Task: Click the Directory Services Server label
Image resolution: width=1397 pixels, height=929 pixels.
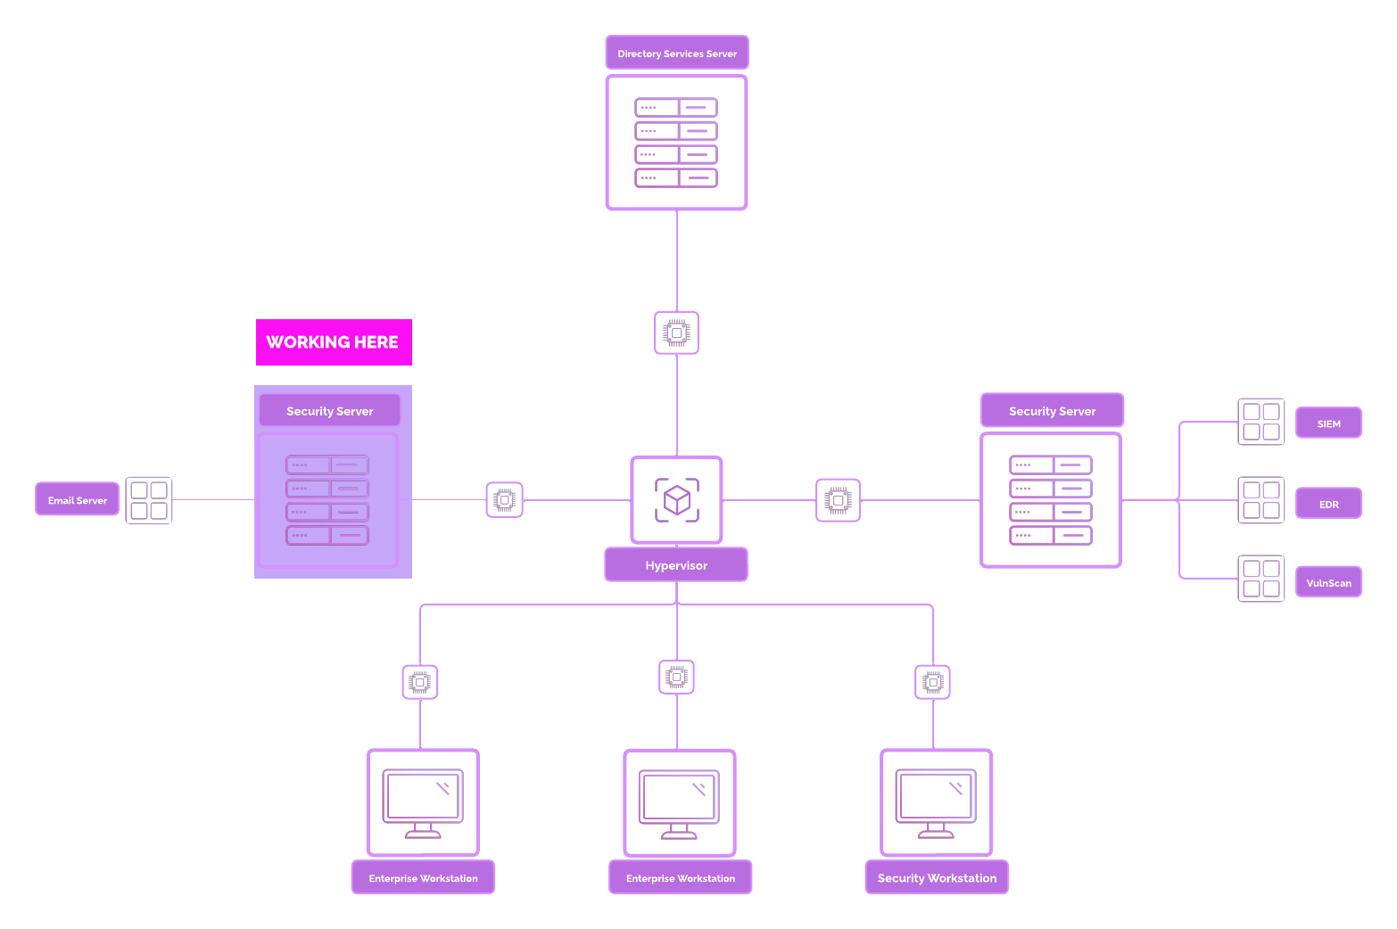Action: point(677,53)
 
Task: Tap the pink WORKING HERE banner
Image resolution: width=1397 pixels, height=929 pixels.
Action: point(334,342)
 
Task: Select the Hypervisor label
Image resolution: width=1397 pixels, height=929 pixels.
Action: point(676,565)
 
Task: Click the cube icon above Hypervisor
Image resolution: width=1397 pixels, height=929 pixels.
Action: point(677,499)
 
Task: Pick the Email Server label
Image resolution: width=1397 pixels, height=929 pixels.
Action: point(78,500)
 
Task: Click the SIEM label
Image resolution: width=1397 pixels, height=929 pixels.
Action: point(1328,423)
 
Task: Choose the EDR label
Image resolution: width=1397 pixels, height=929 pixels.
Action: point(1328,504)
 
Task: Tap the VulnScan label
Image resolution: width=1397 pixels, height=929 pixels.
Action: point(1328,583)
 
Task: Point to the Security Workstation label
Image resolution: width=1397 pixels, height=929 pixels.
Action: point(937,878)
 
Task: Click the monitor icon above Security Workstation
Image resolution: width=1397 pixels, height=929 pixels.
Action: point(936,802)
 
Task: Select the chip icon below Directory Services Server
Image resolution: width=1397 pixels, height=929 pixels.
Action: point(676,333)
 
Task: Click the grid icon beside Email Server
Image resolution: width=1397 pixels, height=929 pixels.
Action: point(149,501)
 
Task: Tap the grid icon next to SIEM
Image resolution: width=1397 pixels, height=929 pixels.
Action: point(1261,422)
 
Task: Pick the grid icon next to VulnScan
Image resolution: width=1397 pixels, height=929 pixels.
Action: point(1261,579)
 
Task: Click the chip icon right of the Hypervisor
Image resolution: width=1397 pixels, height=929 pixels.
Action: point(839,500)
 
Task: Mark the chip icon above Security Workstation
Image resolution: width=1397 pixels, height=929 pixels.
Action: point(933,682)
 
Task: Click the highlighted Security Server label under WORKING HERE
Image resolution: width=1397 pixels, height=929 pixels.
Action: point(329,411)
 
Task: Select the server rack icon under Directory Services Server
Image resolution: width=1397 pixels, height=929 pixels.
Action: point(676,143)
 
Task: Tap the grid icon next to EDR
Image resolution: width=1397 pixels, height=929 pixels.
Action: point(1261,500)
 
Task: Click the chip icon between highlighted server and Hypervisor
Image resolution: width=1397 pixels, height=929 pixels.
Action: point(505,500)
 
